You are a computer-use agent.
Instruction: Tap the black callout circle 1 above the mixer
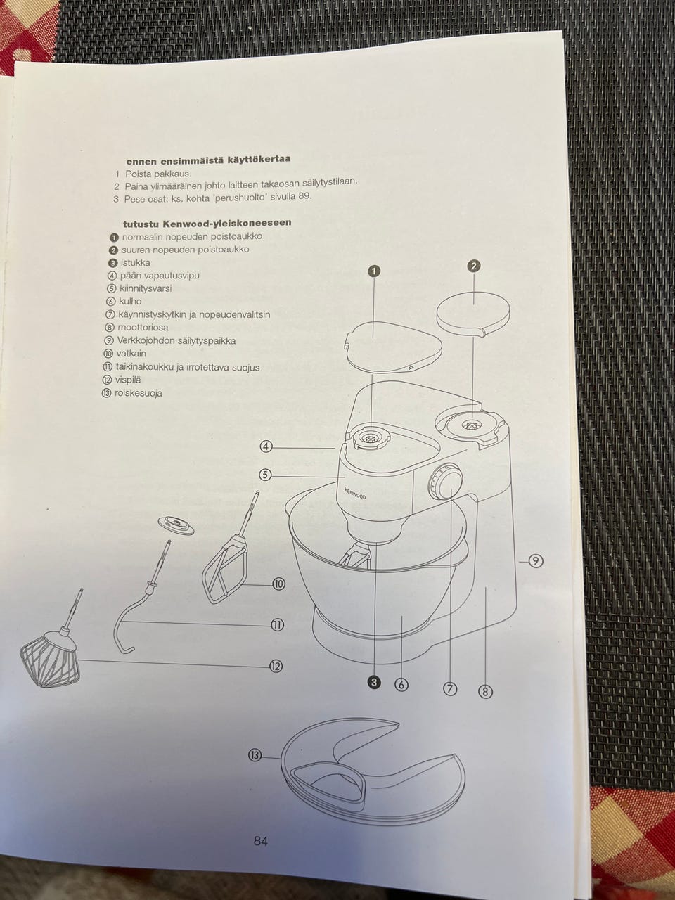pyautogui.click(x=375, y=271)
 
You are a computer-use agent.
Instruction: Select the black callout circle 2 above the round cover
pyautogui.click(x=473, y=266)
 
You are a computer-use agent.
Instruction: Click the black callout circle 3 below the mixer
pyautogui.click(x=374, y=682)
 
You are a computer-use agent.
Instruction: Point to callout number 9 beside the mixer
pyautogui.click(x=536, y=560)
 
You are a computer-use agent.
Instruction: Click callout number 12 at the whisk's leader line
pyautogui.click(x=276, y=667)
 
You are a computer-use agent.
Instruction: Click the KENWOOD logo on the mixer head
pyautogui.click(x=355, y=494)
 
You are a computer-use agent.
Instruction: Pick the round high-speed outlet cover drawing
pyautogui.click(x=473, y=314)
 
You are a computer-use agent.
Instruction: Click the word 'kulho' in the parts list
pyautogui.click(x=130, y=302)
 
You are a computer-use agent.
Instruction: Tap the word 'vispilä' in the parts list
pyautogui.click(x=127, y=380)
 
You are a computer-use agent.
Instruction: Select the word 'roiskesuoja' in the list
pyautogui.click(x=138, y=393)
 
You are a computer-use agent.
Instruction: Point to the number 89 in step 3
pyautogui.click(x=304, y=196)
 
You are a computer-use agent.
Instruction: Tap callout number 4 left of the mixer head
pyautogui.click(x=266, y=446)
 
